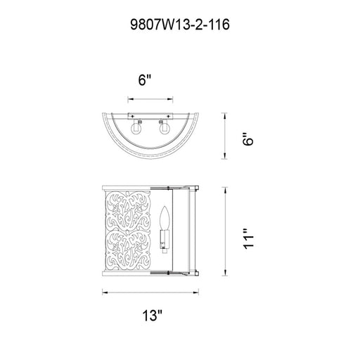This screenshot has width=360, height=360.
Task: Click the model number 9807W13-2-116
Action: coord(180,25)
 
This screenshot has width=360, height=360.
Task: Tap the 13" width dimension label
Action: coord(153,316)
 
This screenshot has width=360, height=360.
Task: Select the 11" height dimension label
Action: coord(248,239)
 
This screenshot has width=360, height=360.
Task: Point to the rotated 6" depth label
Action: coord(248,139)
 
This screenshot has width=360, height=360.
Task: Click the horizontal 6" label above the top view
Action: coord(145,80)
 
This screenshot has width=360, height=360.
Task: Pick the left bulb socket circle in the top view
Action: coord(136,129)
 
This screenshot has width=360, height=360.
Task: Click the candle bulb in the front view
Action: coord(165,218)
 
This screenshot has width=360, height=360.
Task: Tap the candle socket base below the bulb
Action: coord(165,240)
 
